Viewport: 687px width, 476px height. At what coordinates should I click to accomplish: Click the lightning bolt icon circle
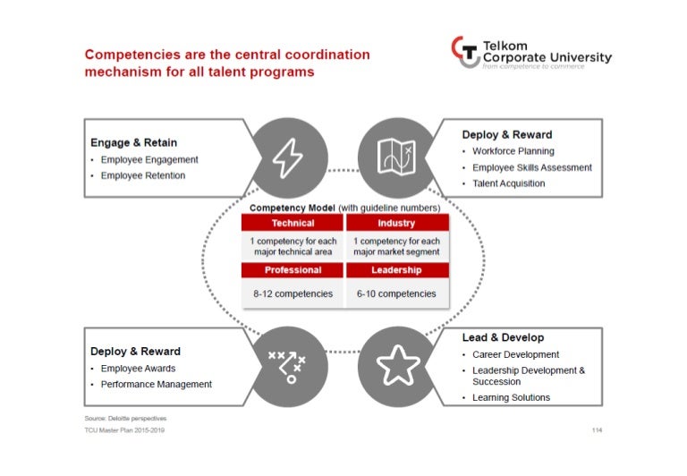click(287, 157)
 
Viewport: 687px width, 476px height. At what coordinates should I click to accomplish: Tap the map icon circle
click(396, 157)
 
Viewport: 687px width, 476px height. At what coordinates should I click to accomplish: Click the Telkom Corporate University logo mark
click(465, 52)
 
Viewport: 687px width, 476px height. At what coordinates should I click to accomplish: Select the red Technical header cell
click(293, 224)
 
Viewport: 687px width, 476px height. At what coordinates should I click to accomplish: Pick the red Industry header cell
click(396, 224)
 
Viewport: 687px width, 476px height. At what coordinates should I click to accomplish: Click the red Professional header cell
click(293, 270)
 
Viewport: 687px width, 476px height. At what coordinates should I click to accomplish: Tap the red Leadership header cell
click(396, 270)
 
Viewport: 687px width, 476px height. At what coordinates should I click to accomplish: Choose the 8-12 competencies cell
click(293, 293)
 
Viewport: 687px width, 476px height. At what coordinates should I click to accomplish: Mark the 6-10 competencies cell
click(396, 293)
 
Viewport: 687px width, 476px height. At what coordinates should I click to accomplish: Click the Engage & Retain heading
click(133, 142)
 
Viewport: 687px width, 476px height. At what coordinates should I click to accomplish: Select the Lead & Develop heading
click(504, 338)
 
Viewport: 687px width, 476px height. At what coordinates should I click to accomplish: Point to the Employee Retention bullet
click(142, 175)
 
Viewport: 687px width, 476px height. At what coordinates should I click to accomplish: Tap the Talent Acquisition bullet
click(508, 183)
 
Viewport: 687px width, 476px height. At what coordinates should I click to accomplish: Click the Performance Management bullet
click(156, 384)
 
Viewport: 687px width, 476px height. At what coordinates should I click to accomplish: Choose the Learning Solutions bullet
click(511, 397)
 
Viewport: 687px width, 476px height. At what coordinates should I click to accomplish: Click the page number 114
click(597, 430)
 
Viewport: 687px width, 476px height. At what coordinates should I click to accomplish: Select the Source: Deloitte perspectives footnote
click(125, 418)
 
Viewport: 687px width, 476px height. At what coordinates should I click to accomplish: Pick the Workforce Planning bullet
click(513, 151)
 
